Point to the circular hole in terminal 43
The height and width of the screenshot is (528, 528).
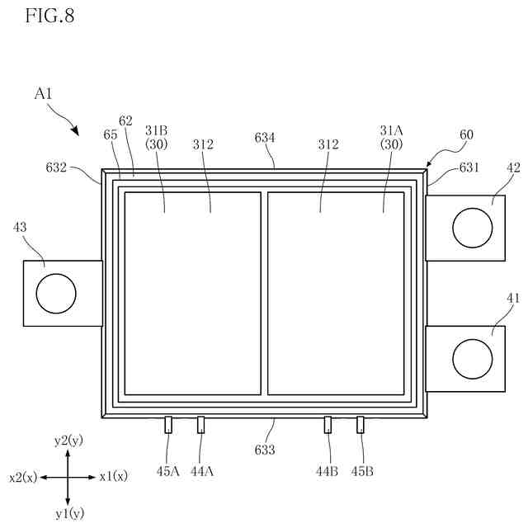[x=55, y=293]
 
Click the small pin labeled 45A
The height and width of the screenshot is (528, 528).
[x=168, y=424]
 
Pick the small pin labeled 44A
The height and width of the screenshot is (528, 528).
[x=200, y=424]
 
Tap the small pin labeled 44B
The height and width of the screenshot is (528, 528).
[x=328, y=424]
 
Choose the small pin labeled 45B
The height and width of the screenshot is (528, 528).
[x=360, y=424]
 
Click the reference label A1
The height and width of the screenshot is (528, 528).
[x=44, y=94]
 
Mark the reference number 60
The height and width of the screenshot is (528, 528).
[x=466, y=134]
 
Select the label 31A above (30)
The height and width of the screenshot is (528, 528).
[x=392, y=129]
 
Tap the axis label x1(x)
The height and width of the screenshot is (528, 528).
[x=113, y=477]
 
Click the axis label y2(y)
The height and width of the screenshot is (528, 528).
[x=69, y=441]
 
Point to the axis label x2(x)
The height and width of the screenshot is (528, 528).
[x=23, y=477]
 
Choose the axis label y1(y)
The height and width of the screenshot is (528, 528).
[x=69, y=514]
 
